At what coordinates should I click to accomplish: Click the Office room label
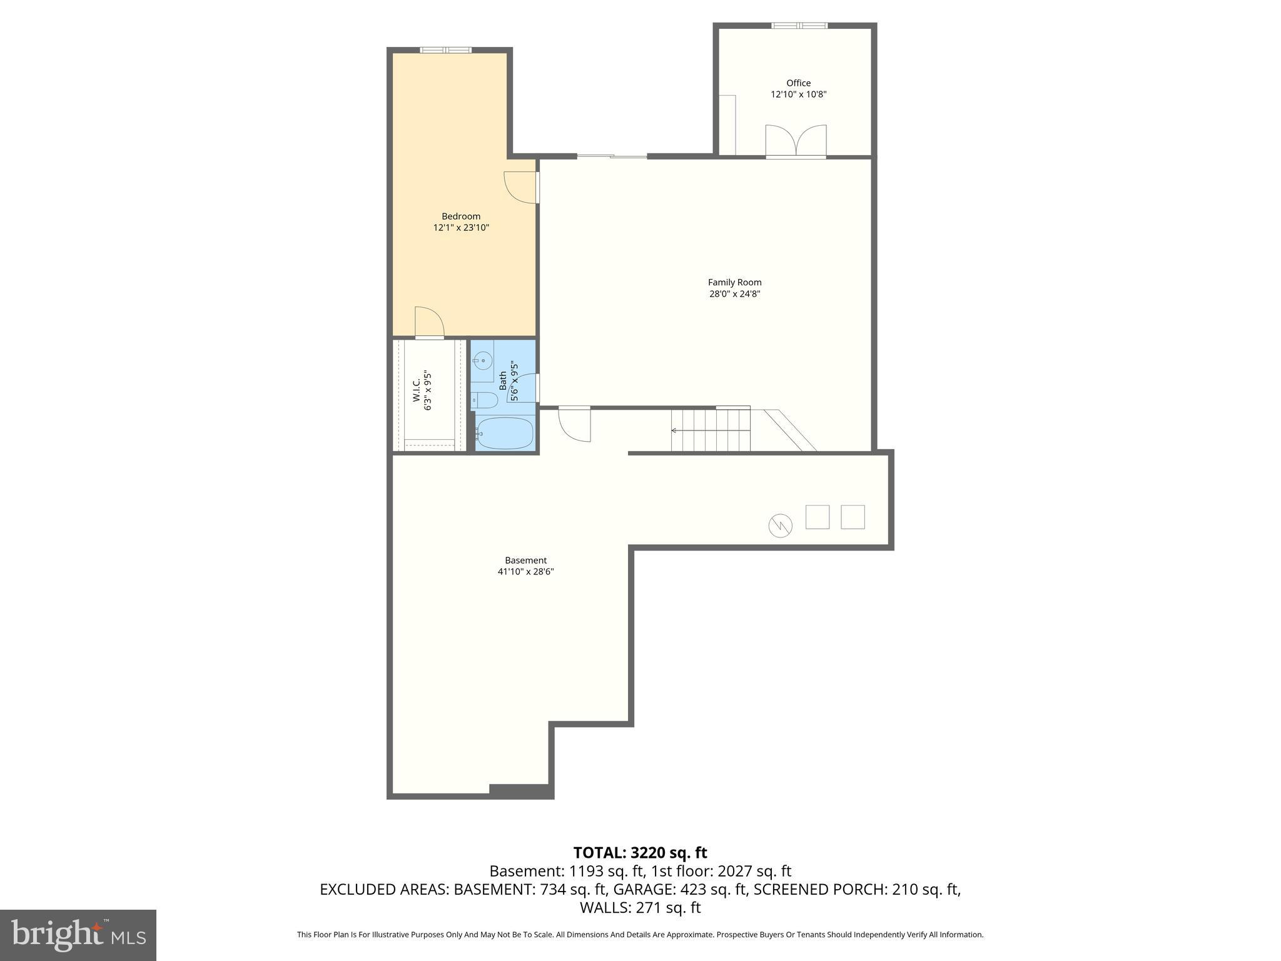pyautogui.click(x=799, y=83)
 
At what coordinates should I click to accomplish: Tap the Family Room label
pyautogui.click(x=734, y=282)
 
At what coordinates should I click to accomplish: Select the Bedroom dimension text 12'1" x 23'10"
pyautogui.click(x=461, y=228)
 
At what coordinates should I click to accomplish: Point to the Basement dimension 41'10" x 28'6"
pyautogui.click(x=525, y=571)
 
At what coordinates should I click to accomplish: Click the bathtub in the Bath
pyautogui.click(x=504, y=433)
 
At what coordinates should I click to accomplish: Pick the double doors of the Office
pyautogui.click(x=796, y=140)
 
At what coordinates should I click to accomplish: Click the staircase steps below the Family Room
pyautogui.click(x=711, y=430)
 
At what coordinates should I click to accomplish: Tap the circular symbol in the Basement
pyautogui.click(x=780, y=526)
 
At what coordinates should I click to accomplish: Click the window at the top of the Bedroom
pyautogui.click(x=445, y=50)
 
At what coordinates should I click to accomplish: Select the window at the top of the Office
pyautogui.click(x=799, y=26)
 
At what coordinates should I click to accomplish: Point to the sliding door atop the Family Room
pyautogui.click(x=612, y=156)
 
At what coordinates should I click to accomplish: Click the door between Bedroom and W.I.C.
pyautogui.click(x=429, y=323)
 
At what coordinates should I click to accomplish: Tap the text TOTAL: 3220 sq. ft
pyautogui.click(x=640, y=853)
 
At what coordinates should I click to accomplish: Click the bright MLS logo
pyautogui.click(x=78, y=935)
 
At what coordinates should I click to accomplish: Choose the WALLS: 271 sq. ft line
pyautogui.click(x=640, y=908)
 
